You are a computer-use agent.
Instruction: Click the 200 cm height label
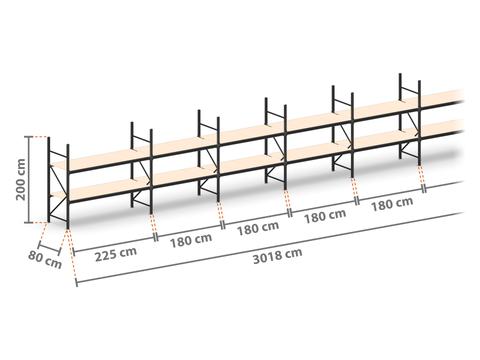(x=21, y=179)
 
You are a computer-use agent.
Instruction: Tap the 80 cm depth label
(x=45, y=260)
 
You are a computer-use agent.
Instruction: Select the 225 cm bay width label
(x=116, y=254)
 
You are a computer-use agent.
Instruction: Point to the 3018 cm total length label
(x=278, y=256)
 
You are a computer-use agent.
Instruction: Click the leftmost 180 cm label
(x=191, y=241)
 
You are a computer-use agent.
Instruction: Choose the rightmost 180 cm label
(x=392, y=204)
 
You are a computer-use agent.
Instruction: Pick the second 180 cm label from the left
(x=258, y=228)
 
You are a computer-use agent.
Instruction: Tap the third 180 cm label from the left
(x=325, y=216)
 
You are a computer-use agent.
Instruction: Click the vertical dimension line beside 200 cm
(x=29, y=179)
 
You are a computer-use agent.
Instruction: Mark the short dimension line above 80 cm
(x=49, y=249)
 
